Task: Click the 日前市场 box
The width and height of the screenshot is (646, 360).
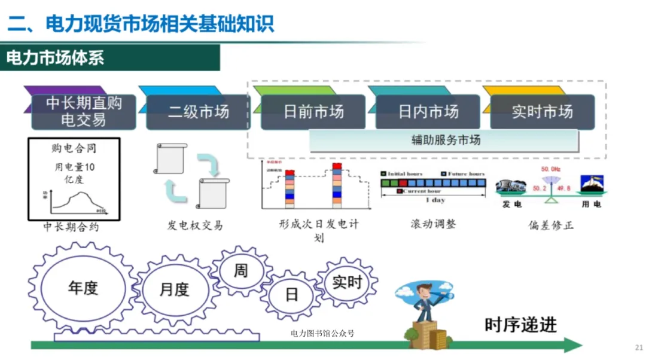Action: coord(313,112)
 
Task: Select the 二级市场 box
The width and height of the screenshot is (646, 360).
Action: coord(198,112)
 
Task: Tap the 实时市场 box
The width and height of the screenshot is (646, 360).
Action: coord(542,112)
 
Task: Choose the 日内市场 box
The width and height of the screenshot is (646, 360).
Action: coord(428,112)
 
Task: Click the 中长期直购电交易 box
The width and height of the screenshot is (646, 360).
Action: coord(84,111)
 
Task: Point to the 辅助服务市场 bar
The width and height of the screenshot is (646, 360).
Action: coord(444,141)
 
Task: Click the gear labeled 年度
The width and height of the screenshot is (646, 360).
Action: coord(83,288)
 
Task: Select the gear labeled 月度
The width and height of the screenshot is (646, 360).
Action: coord(174,289)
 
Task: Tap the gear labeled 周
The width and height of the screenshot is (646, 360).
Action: coord(240,270)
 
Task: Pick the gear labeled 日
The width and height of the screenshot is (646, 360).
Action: coord(291,295)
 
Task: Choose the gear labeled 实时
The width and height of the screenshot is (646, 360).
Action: coord(347,282)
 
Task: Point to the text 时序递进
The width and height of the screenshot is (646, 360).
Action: coord(520,325)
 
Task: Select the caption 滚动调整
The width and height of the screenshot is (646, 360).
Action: coord(433,224)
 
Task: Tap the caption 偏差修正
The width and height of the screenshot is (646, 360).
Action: coord(551,225)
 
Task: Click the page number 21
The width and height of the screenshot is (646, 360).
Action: coord(638,347)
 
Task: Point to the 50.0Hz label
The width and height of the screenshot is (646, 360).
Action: coord(550,170)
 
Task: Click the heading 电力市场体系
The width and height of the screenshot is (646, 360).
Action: coord(55,58)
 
